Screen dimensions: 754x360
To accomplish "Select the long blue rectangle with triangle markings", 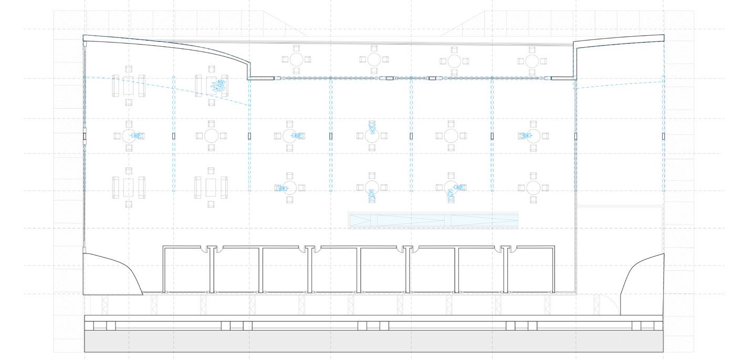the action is (x=433, y=220).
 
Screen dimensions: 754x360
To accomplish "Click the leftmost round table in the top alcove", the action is (x=296, y=59).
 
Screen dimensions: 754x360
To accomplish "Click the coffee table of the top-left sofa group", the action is (x=129, y=86).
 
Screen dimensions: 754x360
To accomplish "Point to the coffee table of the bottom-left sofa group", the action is (x=129, y=187).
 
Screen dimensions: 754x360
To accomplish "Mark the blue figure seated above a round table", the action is (x=372, y=126).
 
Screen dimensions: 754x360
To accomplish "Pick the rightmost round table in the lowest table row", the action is (x=533, y=187).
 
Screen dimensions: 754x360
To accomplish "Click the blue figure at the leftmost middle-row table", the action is (x=138, y=136).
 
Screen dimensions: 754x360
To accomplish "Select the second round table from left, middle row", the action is (x=211, y=136).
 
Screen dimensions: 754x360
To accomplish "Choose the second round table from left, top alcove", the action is (x=374, y=59).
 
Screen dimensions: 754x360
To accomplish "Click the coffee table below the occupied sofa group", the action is (x=212, y=187).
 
